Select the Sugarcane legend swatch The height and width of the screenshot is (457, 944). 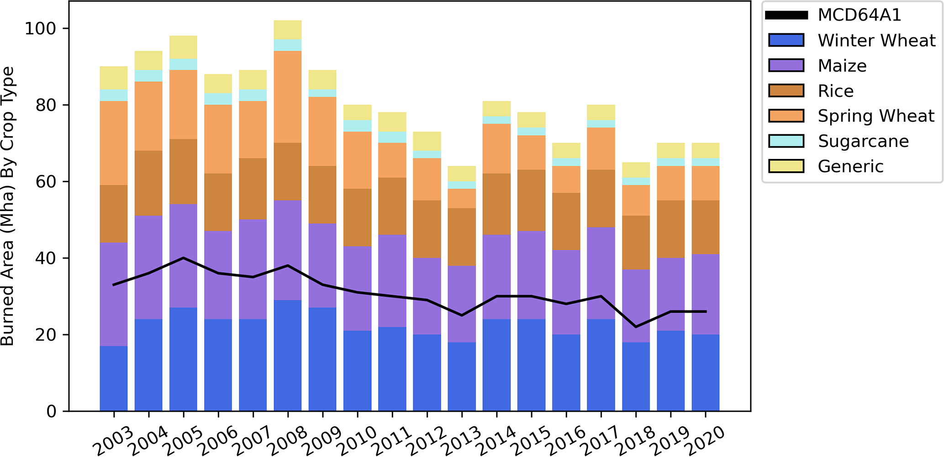[786, 141]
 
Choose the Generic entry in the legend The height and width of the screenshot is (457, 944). [850, 166]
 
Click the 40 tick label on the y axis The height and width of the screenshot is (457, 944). [46, 258]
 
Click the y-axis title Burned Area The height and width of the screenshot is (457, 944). [8, 205]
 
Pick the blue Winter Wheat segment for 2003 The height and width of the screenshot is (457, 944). [114, 378]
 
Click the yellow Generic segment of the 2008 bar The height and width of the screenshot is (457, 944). [288, 30]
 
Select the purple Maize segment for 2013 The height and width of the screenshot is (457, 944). [462, 304]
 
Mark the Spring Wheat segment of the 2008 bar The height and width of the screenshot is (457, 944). [288, 97]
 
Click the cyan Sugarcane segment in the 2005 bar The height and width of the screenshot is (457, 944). [183, 64]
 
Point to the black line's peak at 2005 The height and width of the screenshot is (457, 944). [183, 258]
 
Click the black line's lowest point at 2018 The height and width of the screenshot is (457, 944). [636, 327]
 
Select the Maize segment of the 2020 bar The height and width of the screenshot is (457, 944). [706, 294]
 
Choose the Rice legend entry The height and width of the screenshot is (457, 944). [835, 91]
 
